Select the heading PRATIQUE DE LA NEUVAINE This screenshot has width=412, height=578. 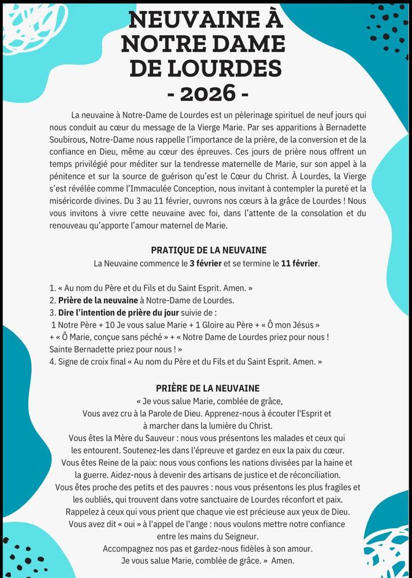pyautogui.click(x=209, y=250)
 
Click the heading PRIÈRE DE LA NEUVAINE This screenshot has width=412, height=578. pyautogui.click(x=207, y=388)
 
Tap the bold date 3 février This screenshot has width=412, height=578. pyautogui.click(x=206, y=264)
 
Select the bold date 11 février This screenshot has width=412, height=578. pyautogui.click(x=299, y=264)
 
